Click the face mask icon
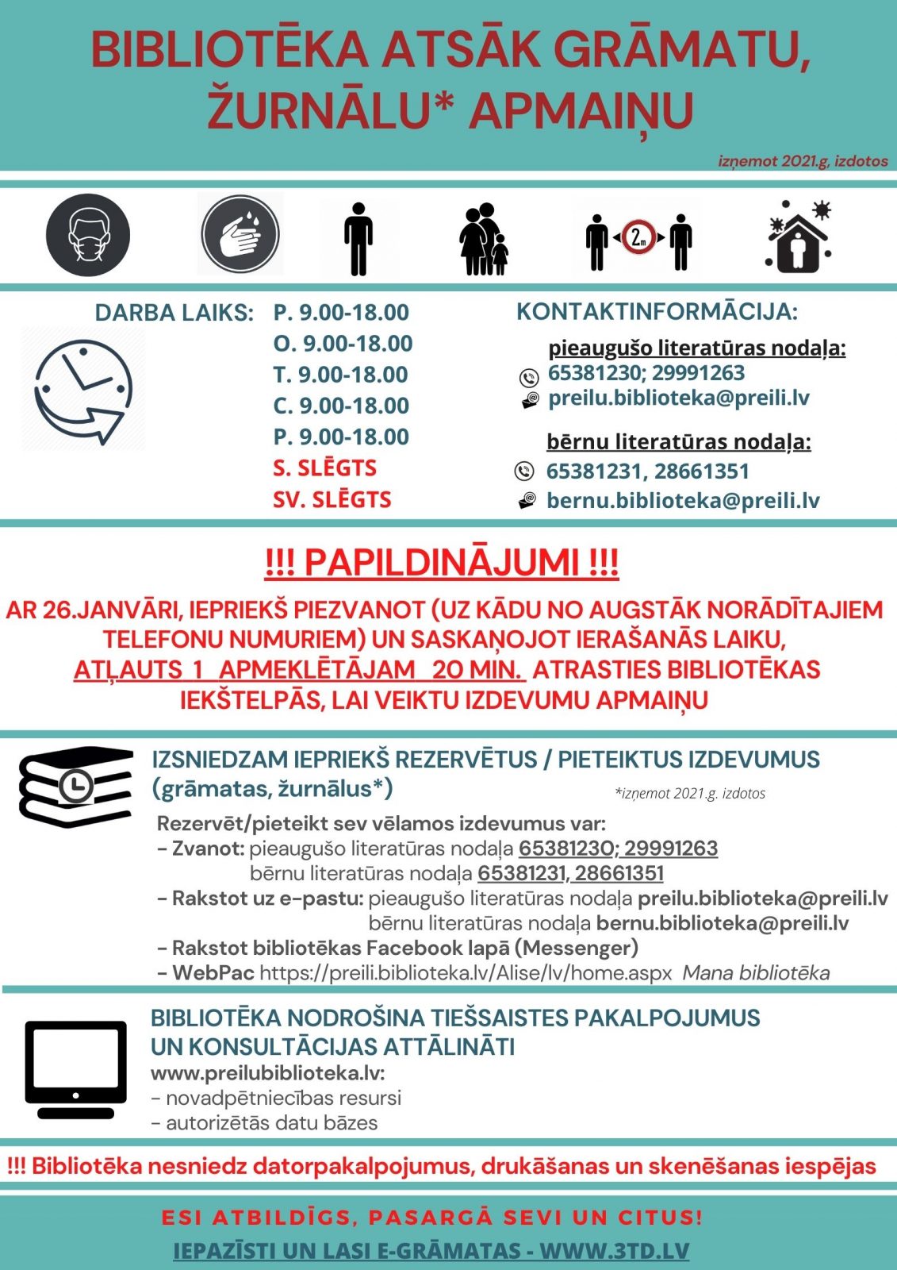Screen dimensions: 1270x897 [x=88, y=235]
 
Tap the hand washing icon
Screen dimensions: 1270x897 [x=240, y=235]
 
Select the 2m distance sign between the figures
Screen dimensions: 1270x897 [x=638, y=237]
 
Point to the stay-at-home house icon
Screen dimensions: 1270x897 [x=799, y=237]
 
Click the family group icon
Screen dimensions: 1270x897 [x=482, y=239]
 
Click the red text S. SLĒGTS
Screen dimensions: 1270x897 [x=324, y=468]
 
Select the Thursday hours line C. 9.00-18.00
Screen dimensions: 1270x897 [x=341, y=406]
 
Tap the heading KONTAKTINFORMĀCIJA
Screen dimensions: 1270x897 [x=657, y=312]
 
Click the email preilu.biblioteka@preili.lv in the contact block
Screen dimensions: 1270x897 [x=678, y=398]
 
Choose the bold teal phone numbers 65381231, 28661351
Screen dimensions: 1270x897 [x=647, y=471]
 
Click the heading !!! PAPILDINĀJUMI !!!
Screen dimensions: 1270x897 [x=442, y=563]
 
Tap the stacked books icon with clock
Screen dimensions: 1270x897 [x=75, y=786]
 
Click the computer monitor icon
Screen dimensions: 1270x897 [x=75, y=1068]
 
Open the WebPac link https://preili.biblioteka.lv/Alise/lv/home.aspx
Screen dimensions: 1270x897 [x=466, y=973]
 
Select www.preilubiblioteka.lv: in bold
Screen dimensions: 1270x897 [x=267, y=1073]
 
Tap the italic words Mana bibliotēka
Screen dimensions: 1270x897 [x=756, y=973]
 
